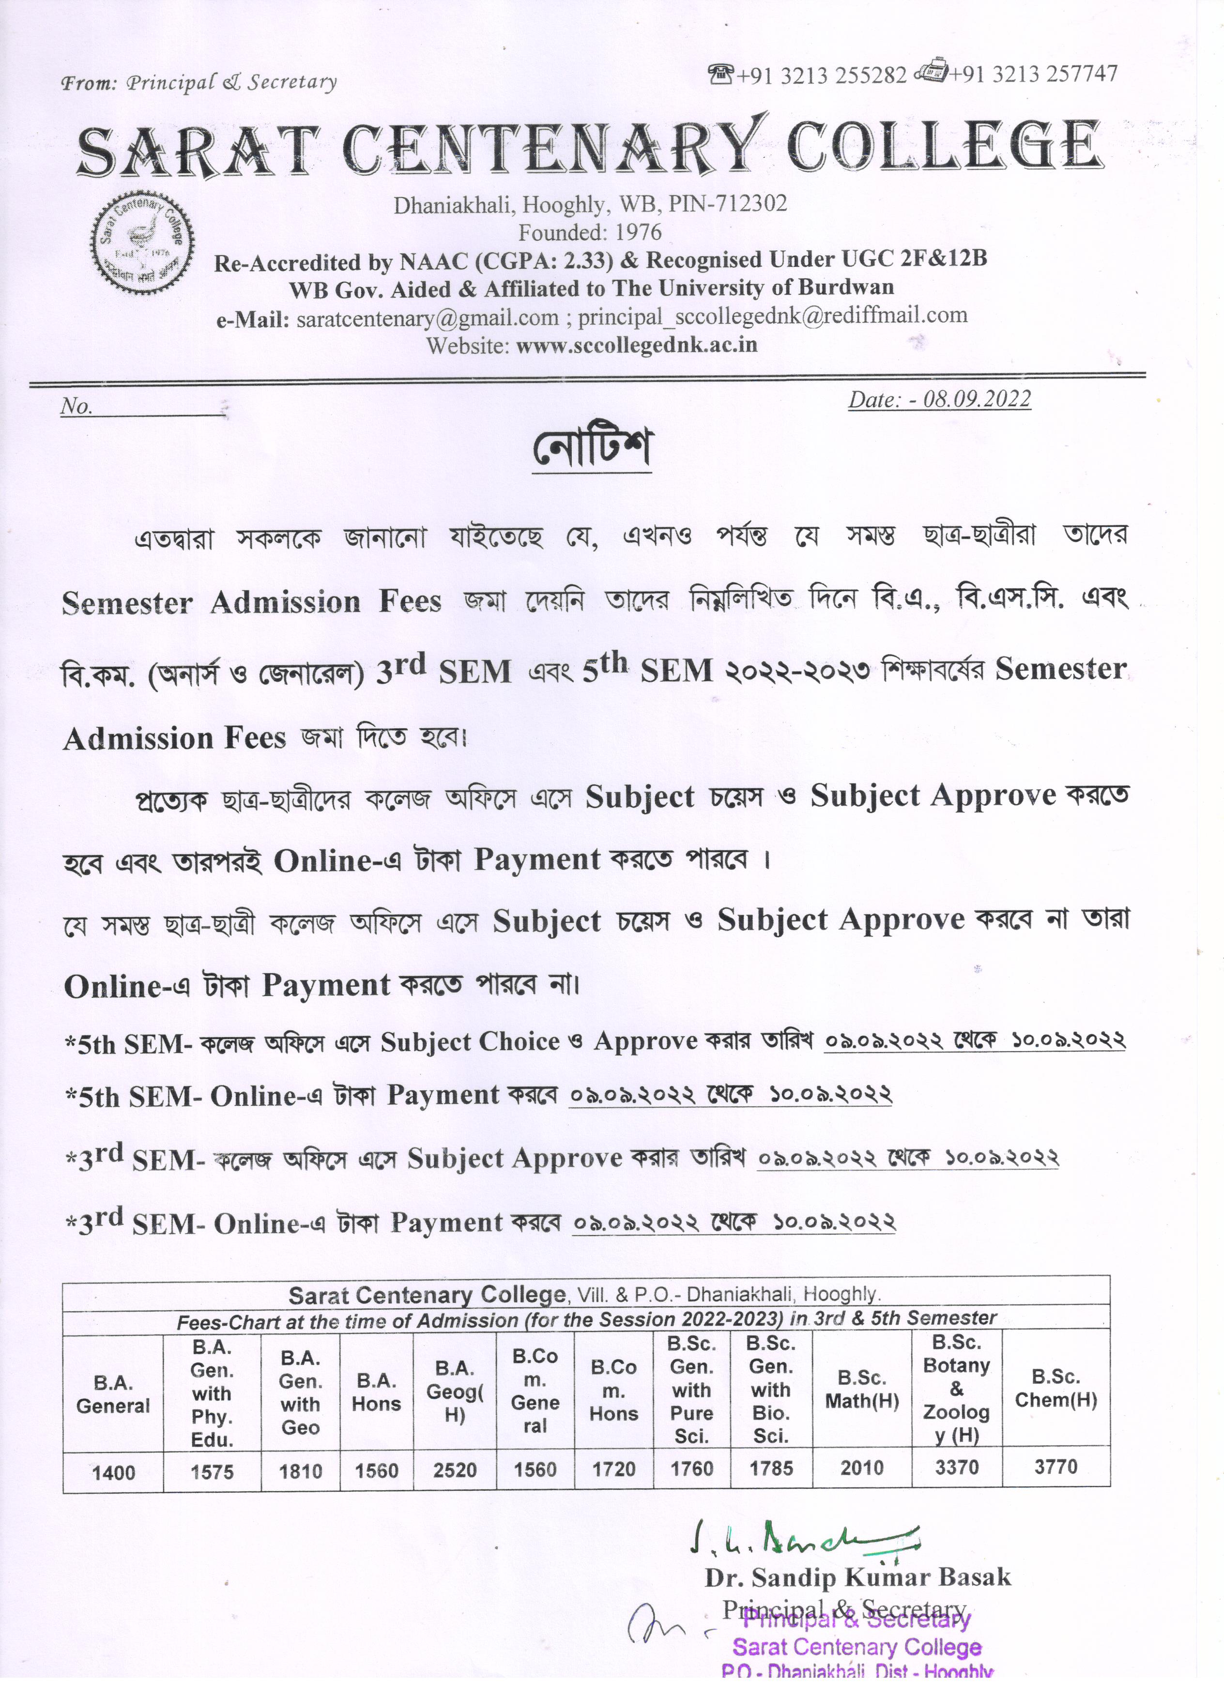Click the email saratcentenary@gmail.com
tap(428, 318)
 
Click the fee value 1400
tap(114, 1473)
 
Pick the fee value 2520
tap(455, 1470)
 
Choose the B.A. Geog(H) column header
tap(455, 1392)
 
